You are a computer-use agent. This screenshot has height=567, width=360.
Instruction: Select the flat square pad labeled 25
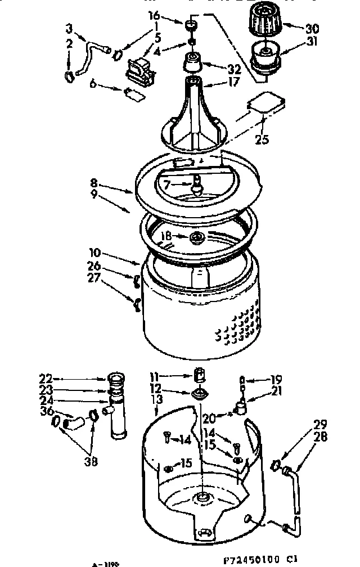point(265,105)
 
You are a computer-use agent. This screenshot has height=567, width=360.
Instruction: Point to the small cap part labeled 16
point(192,25)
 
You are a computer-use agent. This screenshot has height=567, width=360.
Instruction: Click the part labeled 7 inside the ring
point(196,184)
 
